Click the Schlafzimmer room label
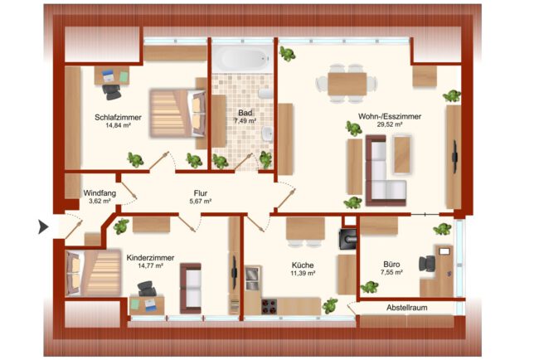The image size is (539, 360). coord(119,117)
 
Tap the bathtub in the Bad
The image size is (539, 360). coord(243,58)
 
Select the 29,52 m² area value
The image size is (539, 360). coord(390,124)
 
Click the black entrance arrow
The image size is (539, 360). coord(43,227)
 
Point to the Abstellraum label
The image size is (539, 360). coord(407,308)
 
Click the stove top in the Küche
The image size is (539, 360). coord(269,306)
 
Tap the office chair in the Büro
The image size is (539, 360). coord(427,264)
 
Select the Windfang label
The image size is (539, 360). coord(100,193)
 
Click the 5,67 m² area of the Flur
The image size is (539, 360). coord(201,201)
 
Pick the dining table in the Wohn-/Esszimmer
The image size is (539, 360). coord(347,84)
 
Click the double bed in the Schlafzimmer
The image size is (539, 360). coord(177,114)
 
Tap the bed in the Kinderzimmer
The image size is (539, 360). coord(93,273)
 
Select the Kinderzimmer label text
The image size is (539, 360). coord(150,258)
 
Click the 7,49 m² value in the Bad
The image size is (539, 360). coord(245,121)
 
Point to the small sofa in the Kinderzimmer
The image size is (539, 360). coord(191,288)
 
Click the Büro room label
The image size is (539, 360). coord(391,265)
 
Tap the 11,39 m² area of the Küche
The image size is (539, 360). coord(303,274)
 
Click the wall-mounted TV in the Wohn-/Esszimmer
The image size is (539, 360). coord(455,157)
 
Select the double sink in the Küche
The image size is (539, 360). coord(253,278)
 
